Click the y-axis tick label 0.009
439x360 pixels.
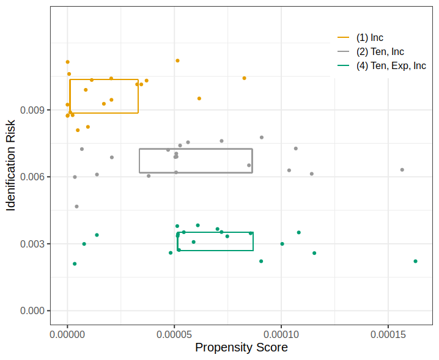click(x=32, y=110)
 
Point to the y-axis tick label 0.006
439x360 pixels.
click(x=32, y=177)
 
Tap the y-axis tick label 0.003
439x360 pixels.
click(x=32, y=244)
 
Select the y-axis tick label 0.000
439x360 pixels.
click(x=32, y=310)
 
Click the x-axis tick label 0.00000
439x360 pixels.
click(x=67, y=334)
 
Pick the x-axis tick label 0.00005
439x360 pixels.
click(x=174, y=334)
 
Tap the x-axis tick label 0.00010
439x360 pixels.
click(x=281, y=334)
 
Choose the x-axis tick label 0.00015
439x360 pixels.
click(x=388, y=334)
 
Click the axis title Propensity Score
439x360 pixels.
click(x=242, y=347)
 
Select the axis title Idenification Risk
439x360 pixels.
click(x=10, y=166)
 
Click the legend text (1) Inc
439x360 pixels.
click(x=369, y=37)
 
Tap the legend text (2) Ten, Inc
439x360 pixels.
click(x=380, y=51)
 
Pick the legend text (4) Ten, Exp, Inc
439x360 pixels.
click(x=391, y=65)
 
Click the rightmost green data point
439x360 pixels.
click(x=416, y=261)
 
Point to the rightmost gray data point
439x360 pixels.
click(x=402, y=170)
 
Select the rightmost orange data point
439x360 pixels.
click(x=244, y=78)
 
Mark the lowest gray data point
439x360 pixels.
click(x=76, y=207)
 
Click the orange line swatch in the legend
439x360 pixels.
click(x=343, y=37)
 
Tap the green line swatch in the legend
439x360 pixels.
click(x=343, y=65)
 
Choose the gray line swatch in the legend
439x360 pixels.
click(x=343, y=51)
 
